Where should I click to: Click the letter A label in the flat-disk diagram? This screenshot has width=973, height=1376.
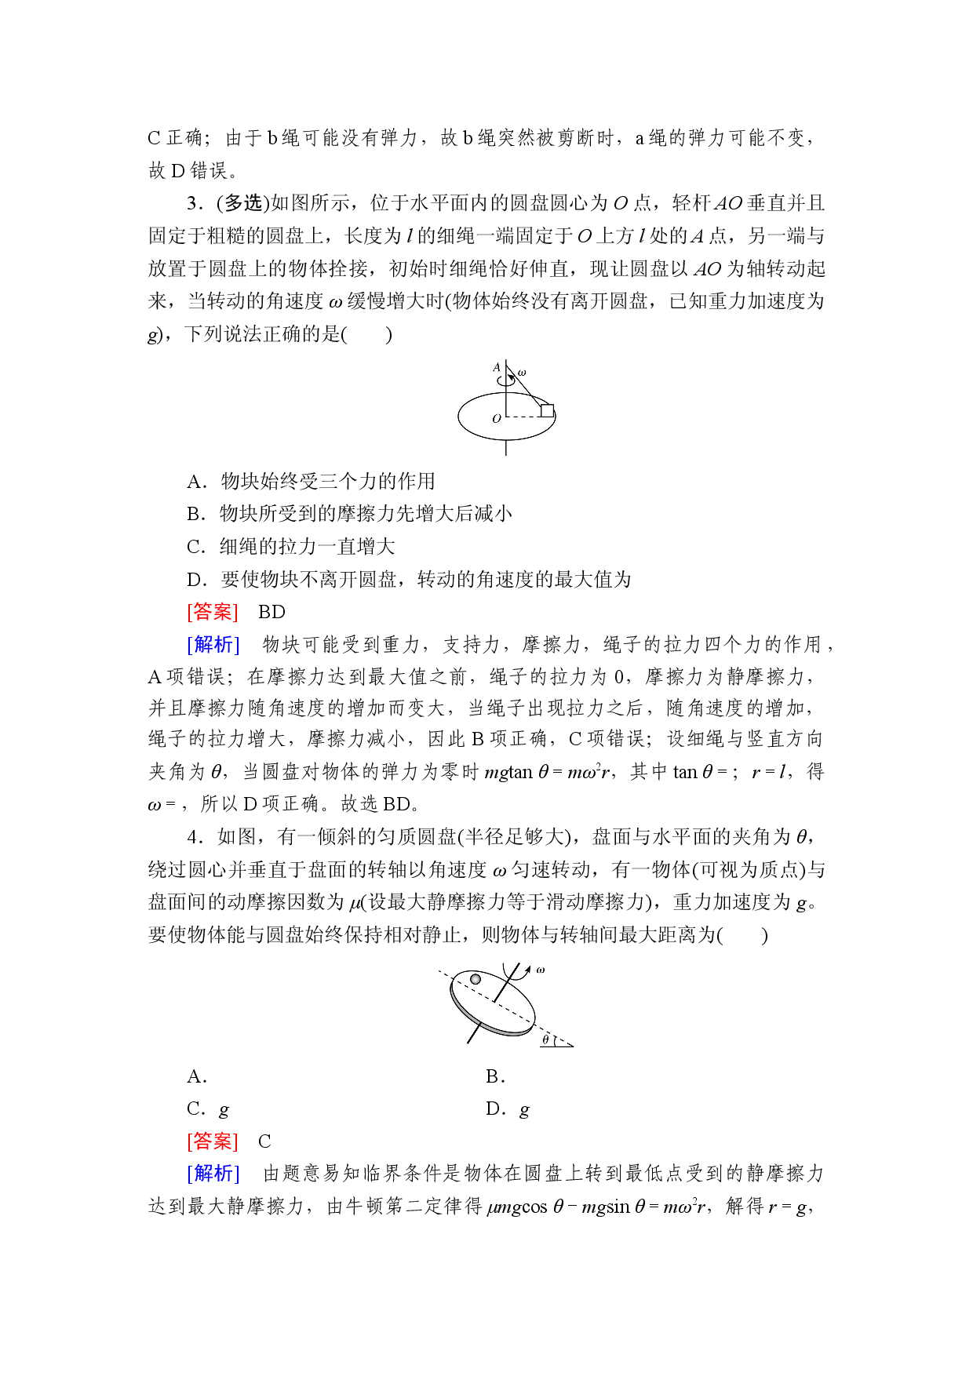pyautogui.click(x=496, y=366)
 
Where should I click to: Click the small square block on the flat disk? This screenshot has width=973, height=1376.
pyautogui.click(x=547, y=410)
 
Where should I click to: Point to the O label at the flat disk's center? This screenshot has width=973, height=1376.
pyautogui.click(x=497, y=418)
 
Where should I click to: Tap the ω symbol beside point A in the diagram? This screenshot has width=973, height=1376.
pyautogui.click(x=522, y=373)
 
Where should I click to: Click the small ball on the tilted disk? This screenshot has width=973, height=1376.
pyautogui.click(x=476, y=979)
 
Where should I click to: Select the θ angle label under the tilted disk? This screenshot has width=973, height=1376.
pyautogui.click(x=545, y=1040)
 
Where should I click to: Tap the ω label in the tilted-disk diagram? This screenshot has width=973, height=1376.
pyautogui.click(x=541, y=970)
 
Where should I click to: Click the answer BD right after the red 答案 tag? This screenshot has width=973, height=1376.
pyautogui.click(x=271, y=612)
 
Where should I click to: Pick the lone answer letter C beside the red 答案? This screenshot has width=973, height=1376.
pyautogui.click(x=264, y=1141)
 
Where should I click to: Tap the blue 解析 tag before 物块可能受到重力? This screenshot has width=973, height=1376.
pyautogui.click(x=213, y=644)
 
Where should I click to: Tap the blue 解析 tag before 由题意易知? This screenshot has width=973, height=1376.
pyautogui.click(x=213, y=1173)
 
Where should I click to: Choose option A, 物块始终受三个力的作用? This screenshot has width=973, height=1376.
pyautogui.click(x=311, y=481)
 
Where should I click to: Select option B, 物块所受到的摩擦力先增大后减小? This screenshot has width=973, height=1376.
pyautogui.click(x=350, y=514)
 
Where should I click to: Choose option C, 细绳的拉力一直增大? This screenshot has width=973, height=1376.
pyautogui.click(x=291, y=547)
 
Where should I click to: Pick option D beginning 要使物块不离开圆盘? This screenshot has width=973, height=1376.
pyautogui.click(x=409, y=580)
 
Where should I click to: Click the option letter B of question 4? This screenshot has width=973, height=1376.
pyautogui.click(x=494, y=1076)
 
